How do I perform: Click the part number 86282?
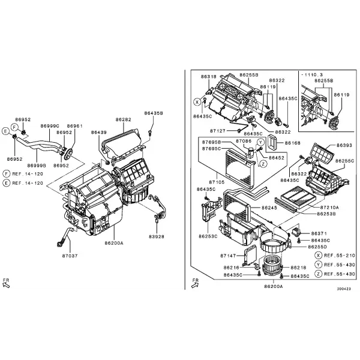[x=123, y=119]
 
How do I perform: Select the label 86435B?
[x=154, y=113]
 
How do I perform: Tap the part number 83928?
[x=157, y=236]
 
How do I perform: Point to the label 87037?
[x=70, y=256]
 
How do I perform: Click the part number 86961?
[x=74, y=126]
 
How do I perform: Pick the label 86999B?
[x=37, y=166]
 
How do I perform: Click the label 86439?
[x=99, y=133]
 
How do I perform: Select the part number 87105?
[x=217, y=182]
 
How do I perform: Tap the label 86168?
[x=293, y=143]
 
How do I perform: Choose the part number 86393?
[x=344, y=145]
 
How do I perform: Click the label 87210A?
[x=329, y=208]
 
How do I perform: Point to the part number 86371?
[x=319, y=233]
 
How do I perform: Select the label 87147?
[x=228, y=256]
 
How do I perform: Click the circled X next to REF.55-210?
[x=318, y=256]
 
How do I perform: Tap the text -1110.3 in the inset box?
[x=312, y=74]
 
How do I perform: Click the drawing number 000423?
[x=344, y=289]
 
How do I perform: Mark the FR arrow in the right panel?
[x=194, y=285]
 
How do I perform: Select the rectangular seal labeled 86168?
[x=274, y=143]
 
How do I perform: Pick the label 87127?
[x=218, y=131]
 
